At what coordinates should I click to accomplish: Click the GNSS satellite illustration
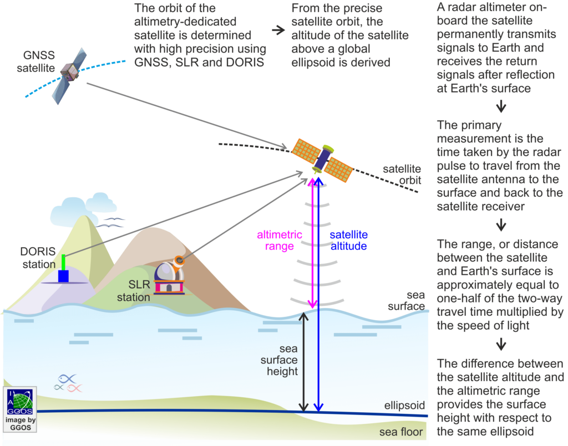tap(69, 75)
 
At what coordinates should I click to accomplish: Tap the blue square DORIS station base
tap(63, 276)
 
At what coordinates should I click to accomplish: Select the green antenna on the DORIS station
tap(63, 262)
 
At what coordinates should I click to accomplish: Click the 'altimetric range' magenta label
tap(280, 240)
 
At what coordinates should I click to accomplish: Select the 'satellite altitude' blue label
tap(349, 240)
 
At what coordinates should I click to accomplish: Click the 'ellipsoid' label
tap(404, 406)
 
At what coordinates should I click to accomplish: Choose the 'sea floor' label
tap(401, 432)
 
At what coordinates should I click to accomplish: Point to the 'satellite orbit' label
tap(402, 175)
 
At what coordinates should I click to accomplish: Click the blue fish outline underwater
tap(67, 379)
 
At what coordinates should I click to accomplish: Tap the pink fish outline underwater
tap(75, 388)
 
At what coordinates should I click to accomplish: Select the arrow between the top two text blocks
tap(278, 30)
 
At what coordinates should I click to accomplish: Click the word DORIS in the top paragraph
tap(245, 62)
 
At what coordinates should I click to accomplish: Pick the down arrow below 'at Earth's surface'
tap(501, 106)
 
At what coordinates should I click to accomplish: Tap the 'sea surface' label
tap(407, 301)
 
